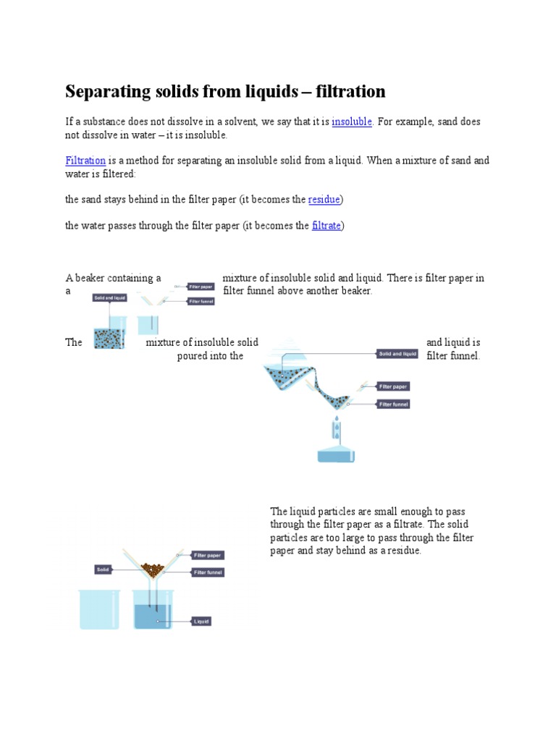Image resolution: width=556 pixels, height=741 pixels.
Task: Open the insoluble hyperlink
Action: click(x=352, y=122)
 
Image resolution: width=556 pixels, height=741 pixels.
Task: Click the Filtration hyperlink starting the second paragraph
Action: click(x=85, y=160)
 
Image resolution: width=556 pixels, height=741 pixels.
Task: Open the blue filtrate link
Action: click(x=327, y=226)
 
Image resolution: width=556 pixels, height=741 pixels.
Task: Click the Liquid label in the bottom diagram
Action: click(x=201, y=621)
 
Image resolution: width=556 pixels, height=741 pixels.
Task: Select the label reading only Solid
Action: click(x=104, y=569)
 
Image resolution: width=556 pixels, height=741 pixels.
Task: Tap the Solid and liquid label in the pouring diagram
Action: click(x=397, y=354)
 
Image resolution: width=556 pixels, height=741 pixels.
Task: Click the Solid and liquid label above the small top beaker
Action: click(x=110, y=298)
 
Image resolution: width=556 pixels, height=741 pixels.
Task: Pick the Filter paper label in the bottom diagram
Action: click(x=208, y=556)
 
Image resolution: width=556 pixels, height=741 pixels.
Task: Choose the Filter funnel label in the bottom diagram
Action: click(x=208, y=572)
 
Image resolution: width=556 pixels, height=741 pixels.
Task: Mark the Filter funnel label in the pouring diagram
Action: click(x=394, y=405)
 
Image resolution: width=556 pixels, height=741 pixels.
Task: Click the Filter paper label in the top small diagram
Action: click(x=201, y=287)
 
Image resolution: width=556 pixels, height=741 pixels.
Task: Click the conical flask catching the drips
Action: click(x=336, y=449)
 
